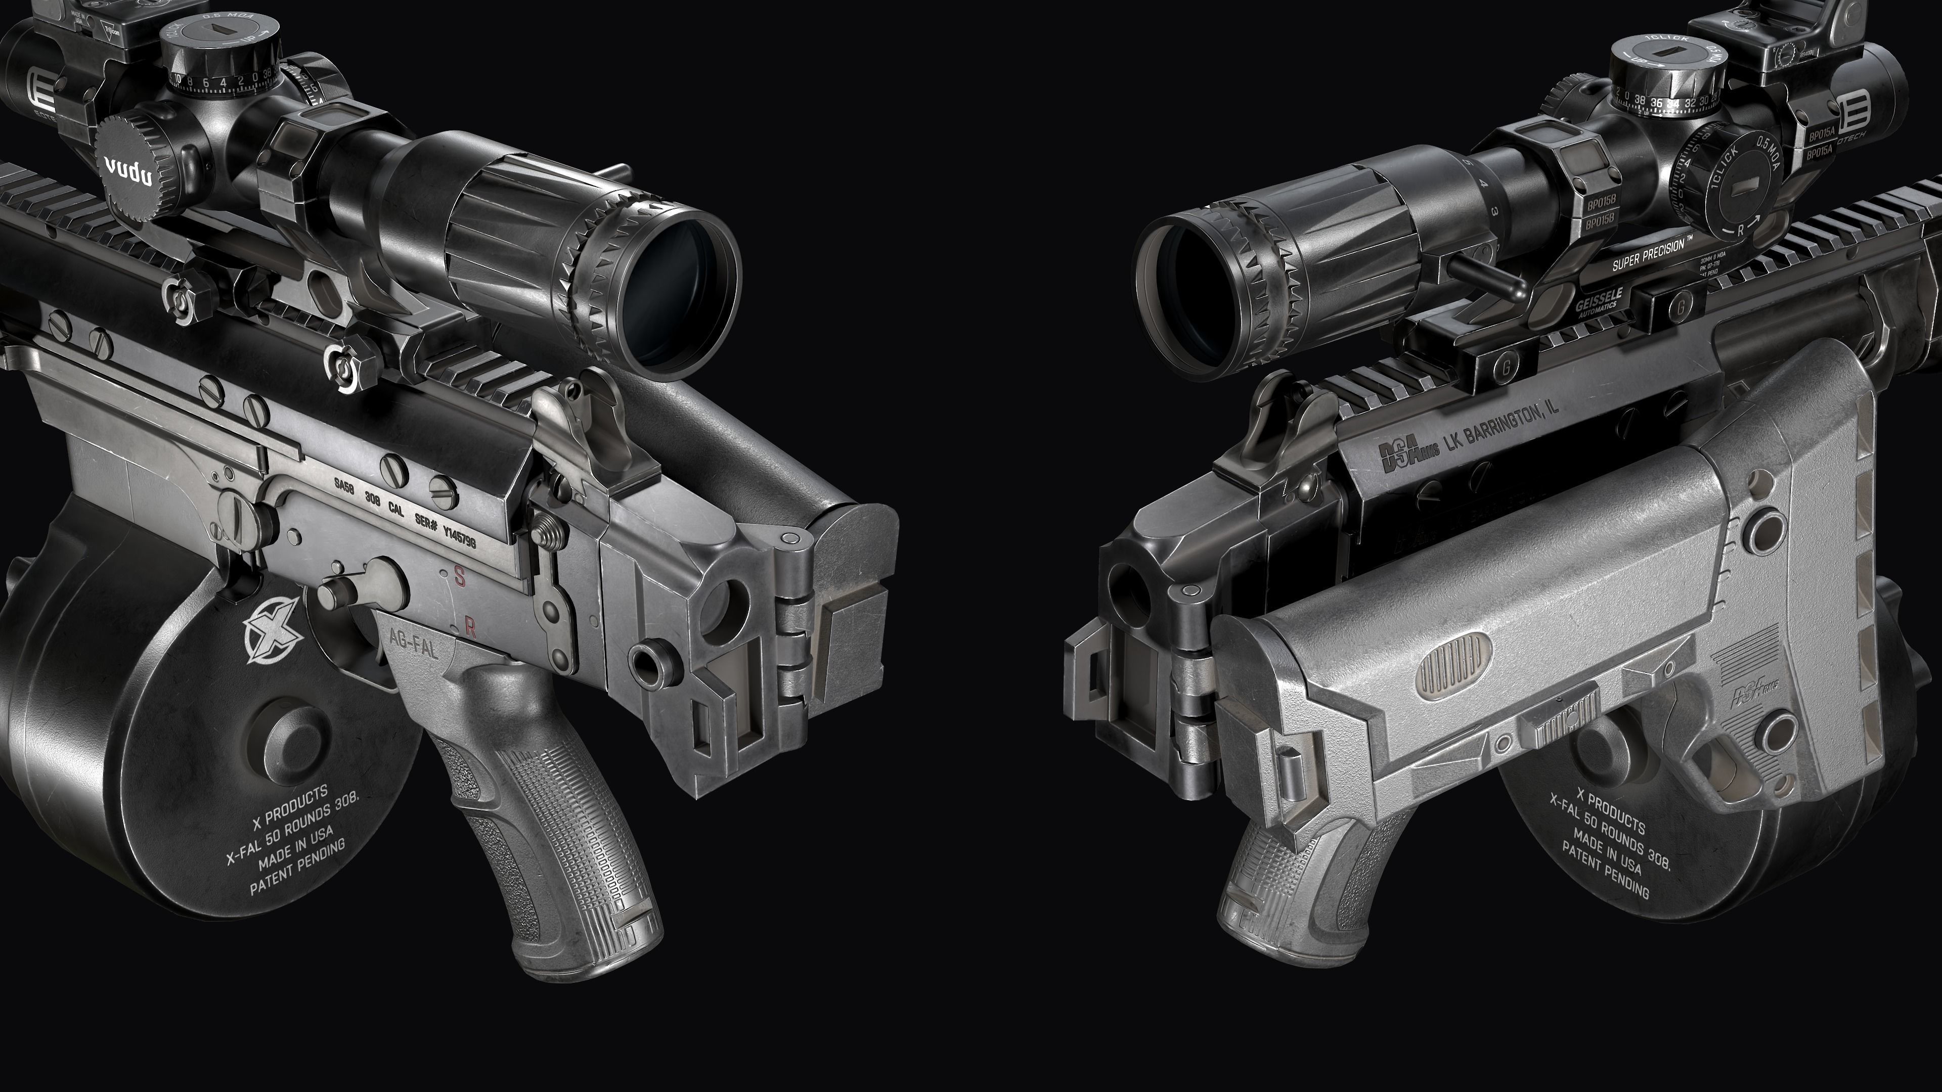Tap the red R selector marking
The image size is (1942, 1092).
[x=470, y=626]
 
